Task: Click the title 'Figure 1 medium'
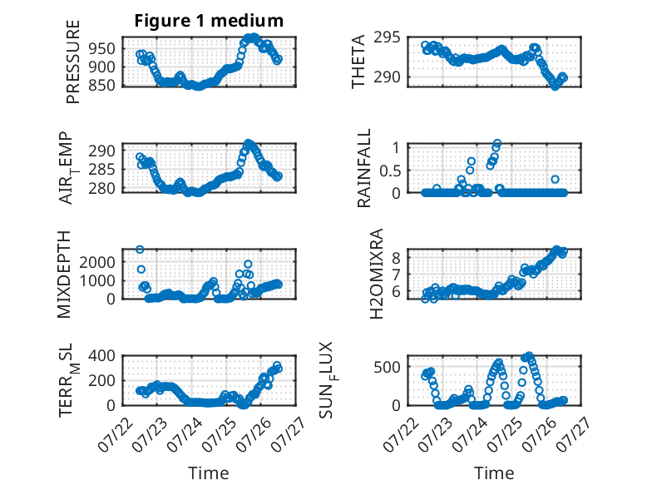(x=209, y=21)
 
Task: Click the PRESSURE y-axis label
(x=72, y=62)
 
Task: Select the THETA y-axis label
(x=358, y=62)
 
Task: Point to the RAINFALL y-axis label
(x=364, y=168)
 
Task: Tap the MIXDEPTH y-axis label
(x=64, y=275)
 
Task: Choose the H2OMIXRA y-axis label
(x=377, y=274)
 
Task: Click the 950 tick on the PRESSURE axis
(x=102, y=49)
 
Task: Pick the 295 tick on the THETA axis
(x=387, y=37)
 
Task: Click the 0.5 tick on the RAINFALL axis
(x=390, y=171)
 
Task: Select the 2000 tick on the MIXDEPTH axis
(x=97, y=262)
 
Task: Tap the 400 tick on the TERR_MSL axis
(x=102, y=355)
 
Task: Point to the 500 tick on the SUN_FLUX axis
(x=387, y=367)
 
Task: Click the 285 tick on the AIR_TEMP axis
(x=102, y=170)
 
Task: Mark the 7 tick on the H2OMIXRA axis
(x=396, y=275)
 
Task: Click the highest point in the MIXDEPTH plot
(x=140, y=250)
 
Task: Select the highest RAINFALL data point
(x=497, y=143)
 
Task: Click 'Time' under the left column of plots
(x=209, y=473)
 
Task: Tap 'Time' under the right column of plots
(x=494, y=473)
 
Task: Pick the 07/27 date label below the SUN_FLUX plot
(x=574, y=433)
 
